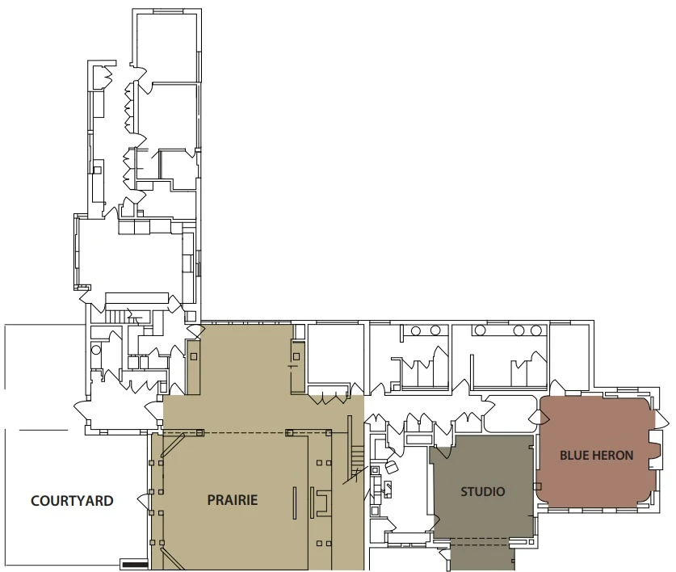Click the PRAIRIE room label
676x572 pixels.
232,500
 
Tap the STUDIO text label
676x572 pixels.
482,491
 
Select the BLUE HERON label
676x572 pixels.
596,456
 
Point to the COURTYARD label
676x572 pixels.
72,501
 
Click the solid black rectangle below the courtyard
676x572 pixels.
133,564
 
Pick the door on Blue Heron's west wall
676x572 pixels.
535,416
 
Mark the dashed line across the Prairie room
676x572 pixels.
242,433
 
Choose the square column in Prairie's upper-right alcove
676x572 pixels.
296,355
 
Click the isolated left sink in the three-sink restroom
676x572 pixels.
481,330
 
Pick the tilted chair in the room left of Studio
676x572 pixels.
393,467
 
